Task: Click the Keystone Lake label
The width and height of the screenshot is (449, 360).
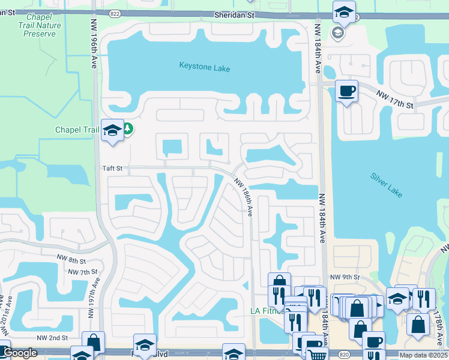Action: (205, 68)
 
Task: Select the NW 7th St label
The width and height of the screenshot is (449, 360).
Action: (83, 272)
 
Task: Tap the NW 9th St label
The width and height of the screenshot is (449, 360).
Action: (345, 277)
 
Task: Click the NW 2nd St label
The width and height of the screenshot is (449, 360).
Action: (52, 338)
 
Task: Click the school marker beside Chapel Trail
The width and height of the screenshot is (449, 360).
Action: (112, 130)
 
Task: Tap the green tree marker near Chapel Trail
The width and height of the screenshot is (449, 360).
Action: (128, 128)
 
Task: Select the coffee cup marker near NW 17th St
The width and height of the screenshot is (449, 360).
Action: (346, 91)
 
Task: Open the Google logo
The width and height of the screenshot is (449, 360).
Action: (20, 353)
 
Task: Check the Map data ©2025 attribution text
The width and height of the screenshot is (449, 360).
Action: (423, 355)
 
